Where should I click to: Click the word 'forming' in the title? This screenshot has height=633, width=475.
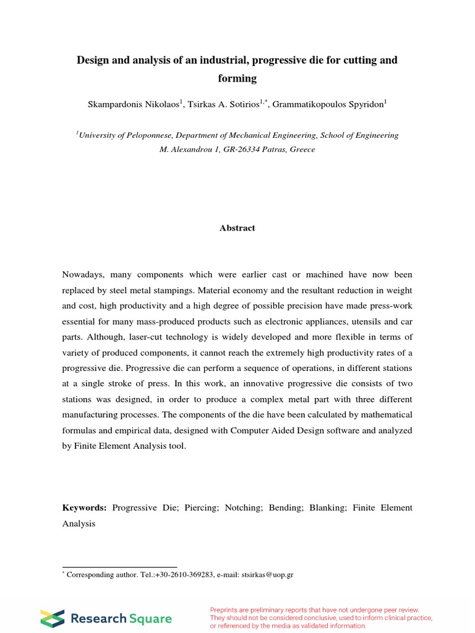237,79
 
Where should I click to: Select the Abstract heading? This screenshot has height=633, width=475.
237,228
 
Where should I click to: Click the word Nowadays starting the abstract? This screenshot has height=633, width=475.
85,274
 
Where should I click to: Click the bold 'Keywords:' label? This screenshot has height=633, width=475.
85,508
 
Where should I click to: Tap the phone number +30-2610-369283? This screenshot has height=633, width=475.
160,575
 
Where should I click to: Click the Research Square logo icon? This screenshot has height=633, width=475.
52,618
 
